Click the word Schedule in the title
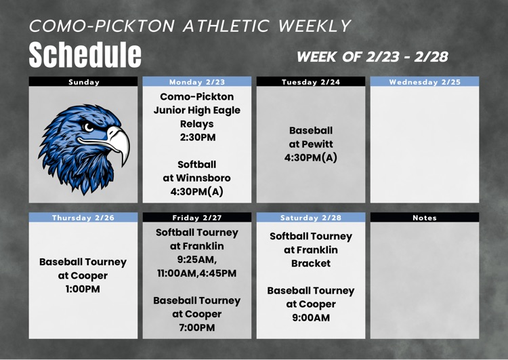[85, 54]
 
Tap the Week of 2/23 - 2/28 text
[373, 56]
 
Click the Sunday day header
[84, 82]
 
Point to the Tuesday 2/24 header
[311, 82]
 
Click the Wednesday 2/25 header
[425, 82]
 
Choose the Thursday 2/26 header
[83, 218]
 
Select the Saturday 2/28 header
[311, 218]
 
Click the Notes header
[425, 218]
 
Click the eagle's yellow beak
[119, 140]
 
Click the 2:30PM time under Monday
[196, 138]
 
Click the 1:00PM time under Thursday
[83, 289]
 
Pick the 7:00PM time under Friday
[196, 327]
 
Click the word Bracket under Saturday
[311, 263]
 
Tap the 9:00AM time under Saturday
[311, 317]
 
